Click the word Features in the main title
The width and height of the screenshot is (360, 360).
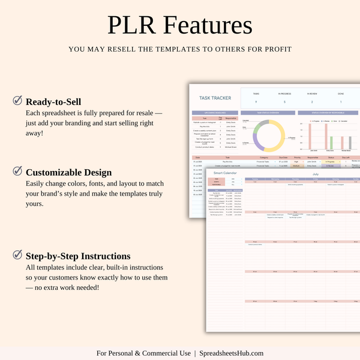[208, 26]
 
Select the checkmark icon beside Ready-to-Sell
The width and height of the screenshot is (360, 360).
[18, 101]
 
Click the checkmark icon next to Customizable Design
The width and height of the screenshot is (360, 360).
[18, 172]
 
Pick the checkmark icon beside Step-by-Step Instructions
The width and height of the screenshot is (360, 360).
[18, 256]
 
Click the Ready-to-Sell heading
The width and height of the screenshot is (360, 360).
[53, 102]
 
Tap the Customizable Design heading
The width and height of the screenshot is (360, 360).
[69, 172]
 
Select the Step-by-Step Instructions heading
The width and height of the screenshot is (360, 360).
[78, 256]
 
